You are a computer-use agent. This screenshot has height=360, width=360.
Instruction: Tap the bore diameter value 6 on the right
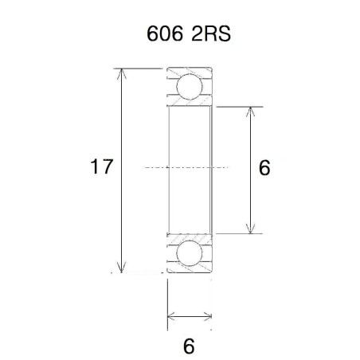264,168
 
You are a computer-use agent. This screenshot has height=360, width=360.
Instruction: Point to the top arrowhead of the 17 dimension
122,74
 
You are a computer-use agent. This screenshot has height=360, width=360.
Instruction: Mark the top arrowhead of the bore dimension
252,111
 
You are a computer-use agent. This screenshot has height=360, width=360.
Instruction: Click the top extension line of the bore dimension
239,105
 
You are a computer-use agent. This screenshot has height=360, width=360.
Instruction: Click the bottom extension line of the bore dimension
239,233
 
